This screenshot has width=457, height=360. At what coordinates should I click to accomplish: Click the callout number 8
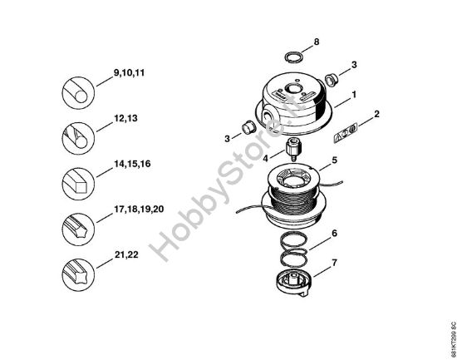click(x=316, y=42)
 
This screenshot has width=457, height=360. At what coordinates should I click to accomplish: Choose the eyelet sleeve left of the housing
click(x=246, y=127)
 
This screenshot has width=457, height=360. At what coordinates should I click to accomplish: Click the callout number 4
click(x=265, y=155)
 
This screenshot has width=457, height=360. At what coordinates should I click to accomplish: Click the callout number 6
click(x=335, y=234)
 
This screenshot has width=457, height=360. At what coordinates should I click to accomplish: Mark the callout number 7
click(x=335, y=263)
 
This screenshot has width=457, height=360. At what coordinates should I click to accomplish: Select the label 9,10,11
click(x=128, y=73)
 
